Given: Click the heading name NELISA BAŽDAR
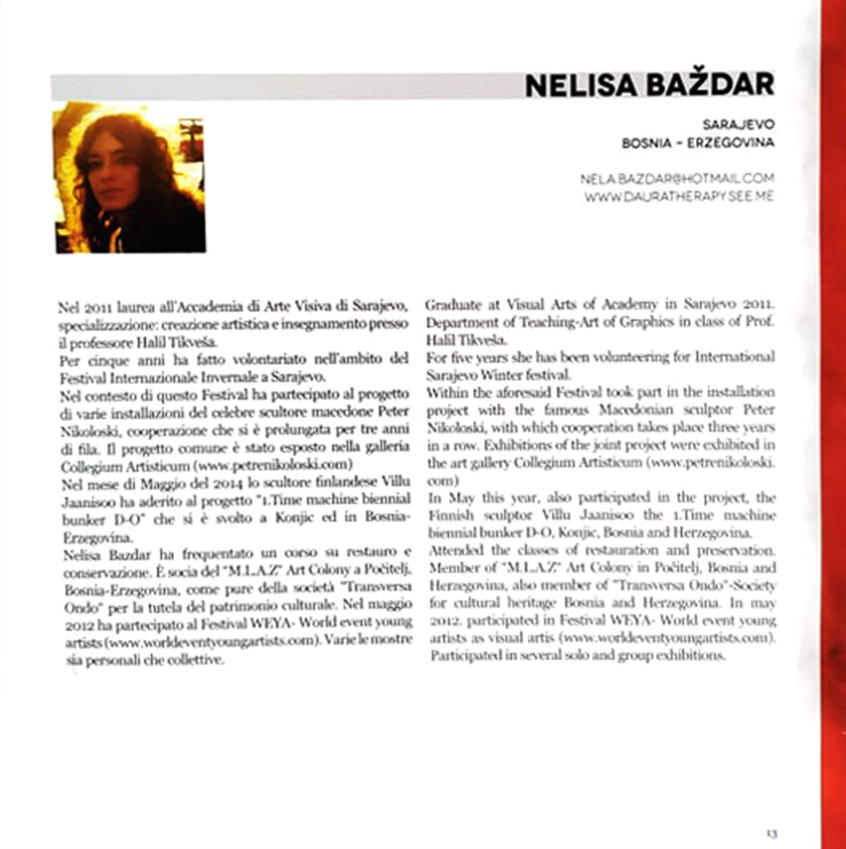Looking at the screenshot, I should (648, 85).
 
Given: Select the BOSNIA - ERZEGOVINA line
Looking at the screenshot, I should (697, 143).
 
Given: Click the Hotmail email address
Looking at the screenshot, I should (677, 179).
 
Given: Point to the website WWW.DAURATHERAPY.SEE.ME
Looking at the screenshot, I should (679, 196).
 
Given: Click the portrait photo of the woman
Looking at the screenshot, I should (130, 177).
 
